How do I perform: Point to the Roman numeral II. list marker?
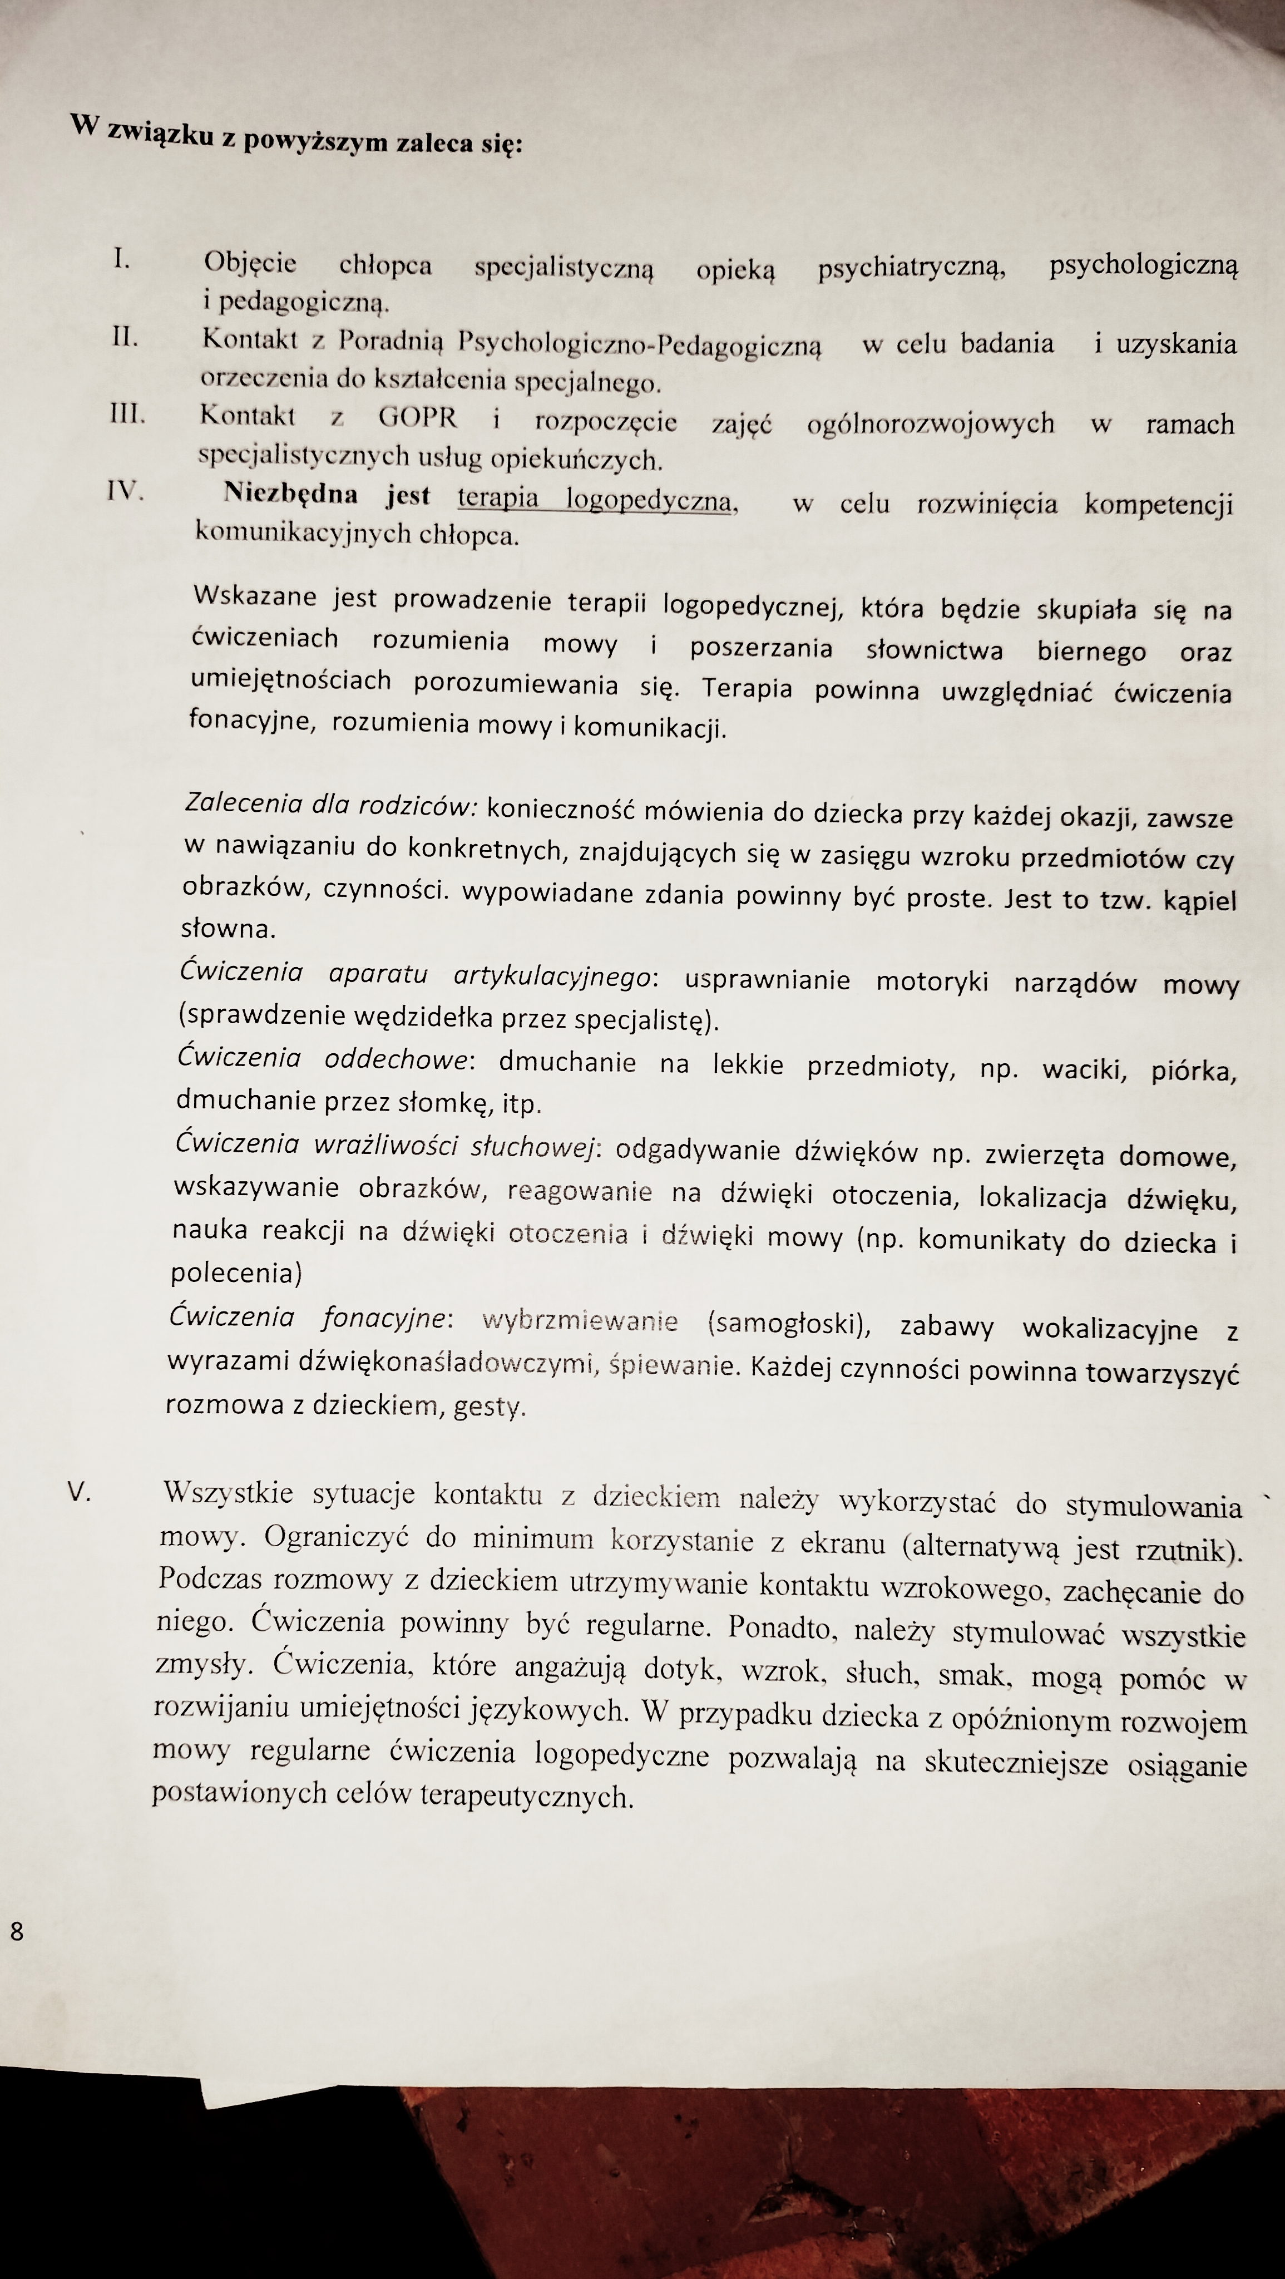[125, 337]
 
